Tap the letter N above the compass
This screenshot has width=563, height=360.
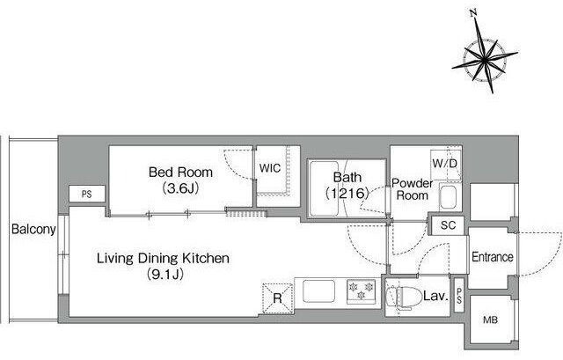[473, 13]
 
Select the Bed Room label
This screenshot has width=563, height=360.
[180, 173]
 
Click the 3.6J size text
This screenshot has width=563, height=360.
[180, 187]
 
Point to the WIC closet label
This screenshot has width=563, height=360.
[270, 168]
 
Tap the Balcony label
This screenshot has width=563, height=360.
[33, 229]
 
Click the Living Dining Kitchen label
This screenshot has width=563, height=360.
[163, 258]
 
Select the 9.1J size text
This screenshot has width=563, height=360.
[165, 275]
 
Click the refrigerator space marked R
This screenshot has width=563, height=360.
[278, 298]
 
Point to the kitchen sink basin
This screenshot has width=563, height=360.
[319, 291]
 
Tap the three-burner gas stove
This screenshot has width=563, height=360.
[362, 290]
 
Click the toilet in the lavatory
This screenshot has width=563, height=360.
[400, 298]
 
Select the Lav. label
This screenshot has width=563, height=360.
[436, 297]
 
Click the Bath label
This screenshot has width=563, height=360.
[347, 177]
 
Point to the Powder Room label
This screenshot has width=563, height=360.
[413, 189]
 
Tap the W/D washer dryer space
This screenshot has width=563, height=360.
[445, 165]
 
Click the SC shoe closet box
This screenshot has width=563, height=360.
[448, 225]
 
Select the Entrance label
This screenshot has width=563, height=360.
[493, 257]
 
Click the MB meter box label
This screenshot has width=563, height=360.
[490, 320]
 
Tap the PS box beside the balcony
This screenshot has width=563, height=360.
[87, 195]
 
